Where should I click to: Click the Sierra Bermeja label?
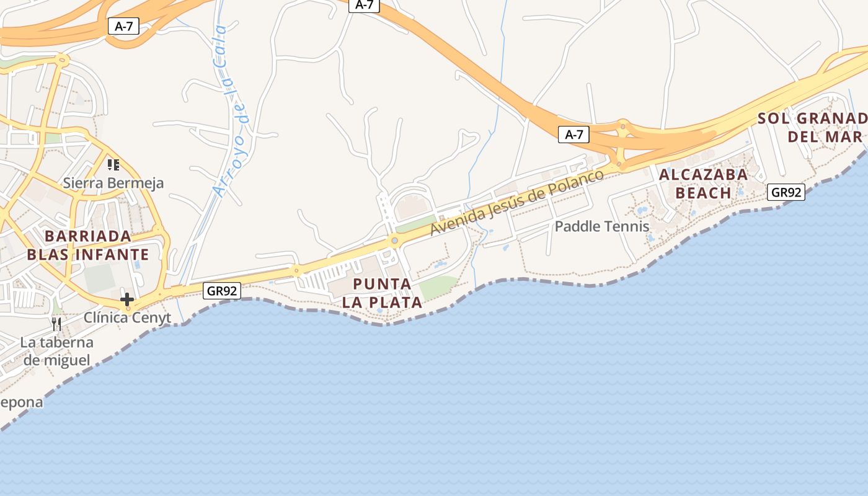point(113,183)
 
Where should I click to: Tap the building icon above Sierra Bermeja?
point(113,164)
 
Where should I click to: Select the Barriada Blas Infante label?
point(87,246)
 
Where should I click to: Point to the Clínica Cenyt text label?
point(127,318)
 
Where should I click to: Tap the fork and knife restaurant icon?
point(56,324)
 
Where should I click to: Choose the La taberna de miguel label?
point(56,351)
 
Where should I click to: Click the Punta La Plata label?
point(382,293)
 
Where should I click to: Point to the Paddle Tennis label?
point(601,226)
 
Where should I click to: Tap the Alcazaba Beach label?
point(703,184)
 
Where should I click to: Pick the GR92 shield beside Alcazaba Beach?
point(786,192)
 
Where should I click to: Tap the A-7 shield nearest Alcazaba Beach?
point(573,135)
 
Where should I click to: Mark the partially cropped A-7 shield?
point(364,5)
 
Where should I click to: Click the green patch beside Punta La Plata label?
point(438,286)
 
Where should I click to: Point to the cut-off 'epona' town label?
point(22,402)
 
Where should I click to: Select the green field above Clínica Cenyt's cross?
point(99,278)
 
